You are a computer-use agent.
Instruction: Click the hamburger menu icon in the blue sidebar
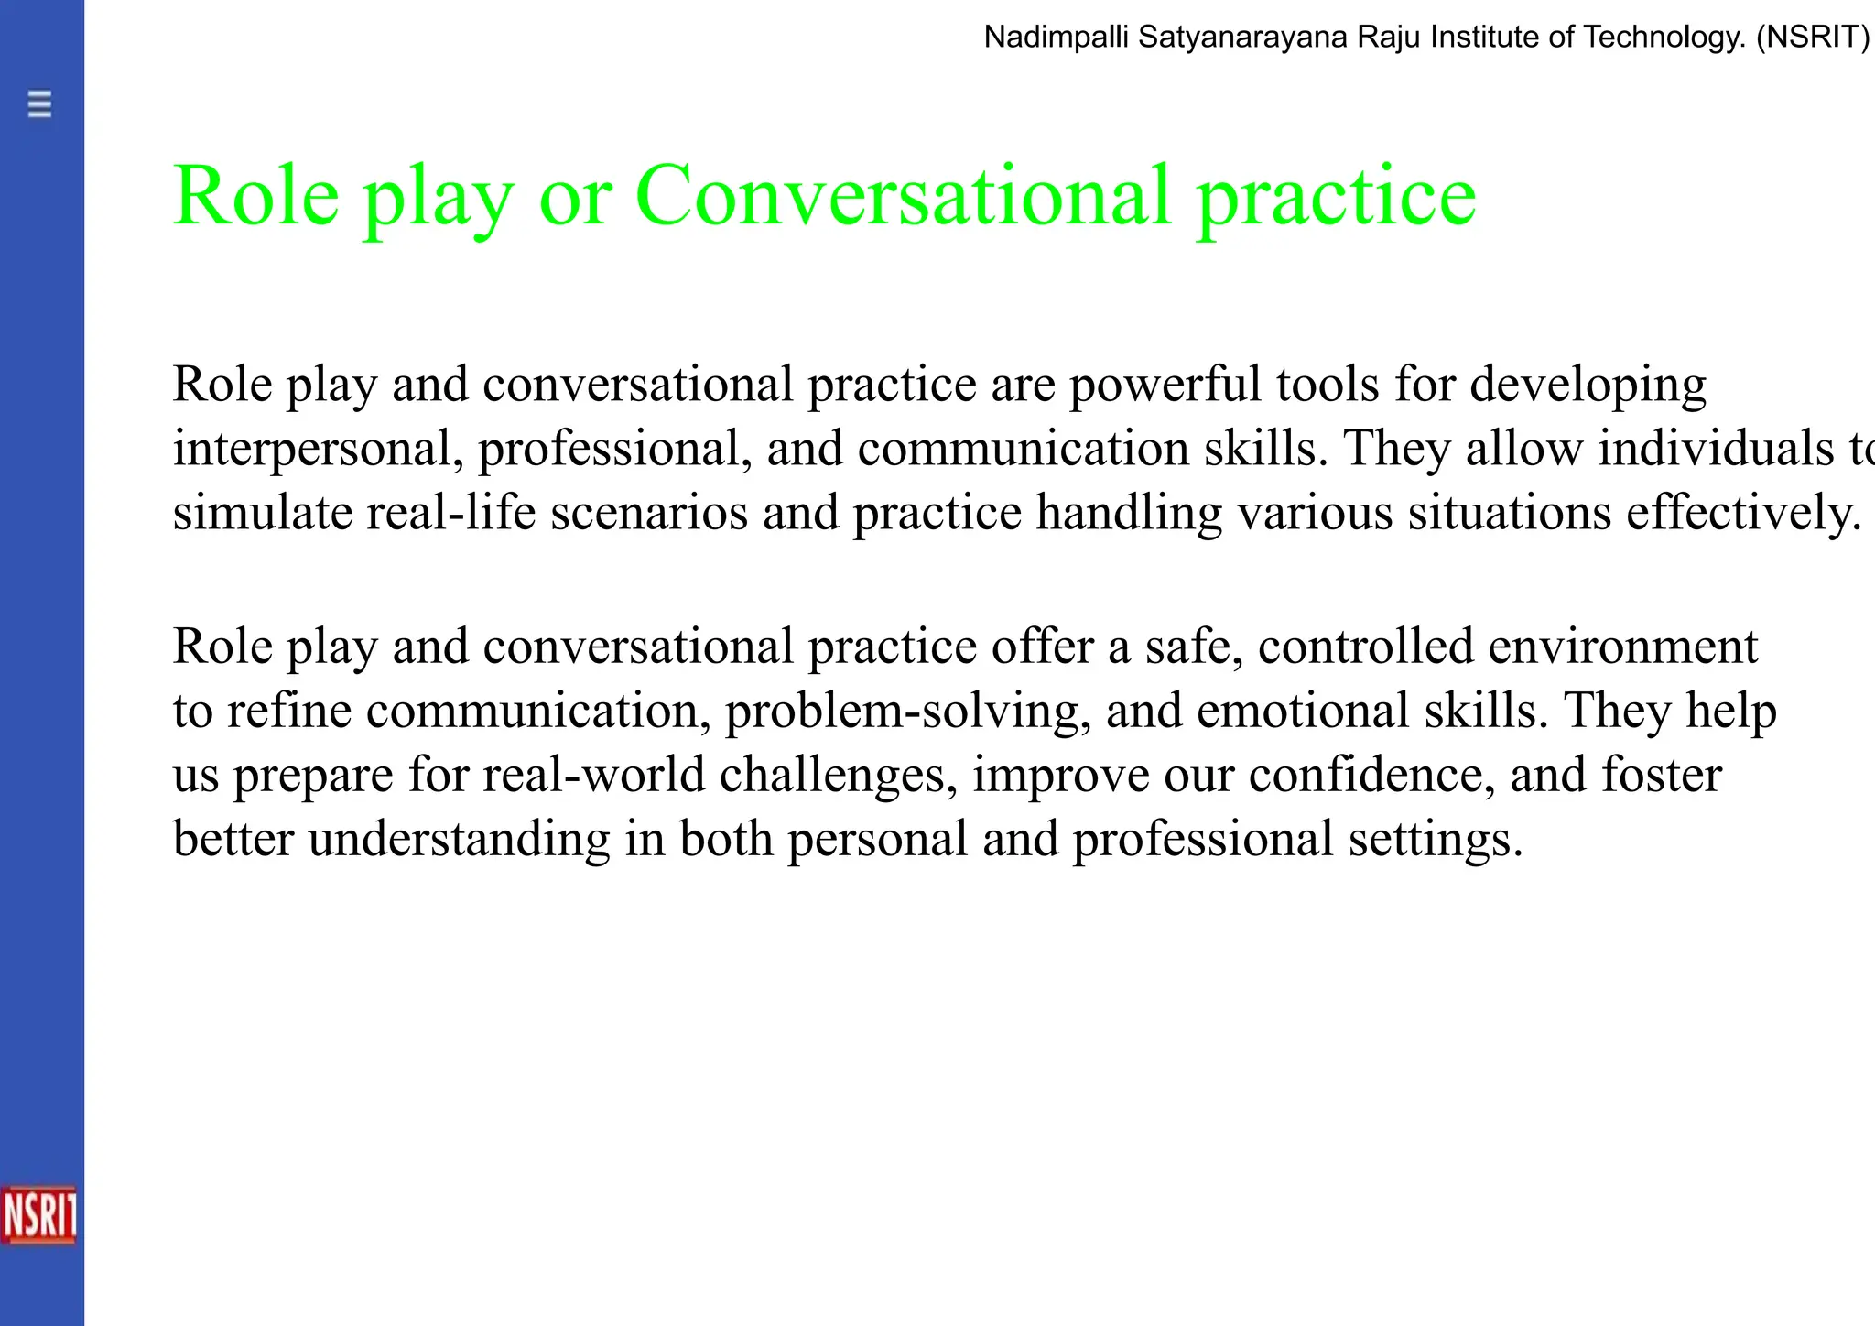pyautogui.click(x=39, y=104)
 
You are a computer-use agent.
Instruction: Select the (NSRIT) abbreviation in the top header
pyautogui.click(x=1812, y=38)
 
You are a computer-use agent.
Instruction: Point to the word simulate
pyautogui.click(x=262, y=512)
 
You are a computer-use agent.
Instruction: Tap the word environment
pyautogui.click(x=1622, y=647)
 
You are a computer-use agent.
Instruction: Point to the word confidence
pyautogui.click(x=1371, y=775)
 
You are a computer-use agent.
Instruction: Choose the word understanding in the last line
pyautogui.click(x=459, y=839)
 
